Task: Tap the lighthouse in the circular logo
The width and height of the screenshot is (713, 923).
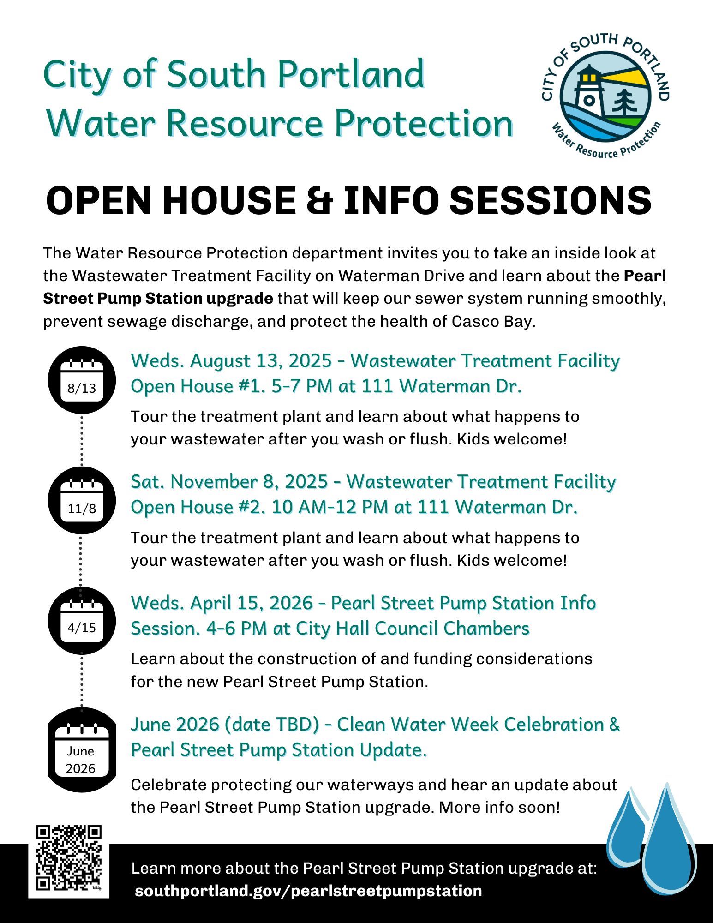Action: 589,89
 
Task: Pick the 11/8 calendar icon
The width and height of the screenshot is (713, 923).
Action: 82,500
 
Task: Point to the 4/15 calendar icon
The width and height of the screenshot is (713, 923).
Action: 82,621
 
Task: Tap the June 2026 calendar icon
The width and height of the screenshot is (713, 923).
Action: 82,750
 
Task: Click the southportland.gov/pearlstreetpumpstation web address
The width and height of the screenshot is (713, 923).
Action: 308,891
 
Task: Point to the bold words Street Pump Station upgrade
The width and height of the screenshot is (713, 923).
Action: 158,299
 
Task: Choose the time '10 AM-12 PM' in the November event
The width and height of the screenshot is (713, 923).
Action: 330,507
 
